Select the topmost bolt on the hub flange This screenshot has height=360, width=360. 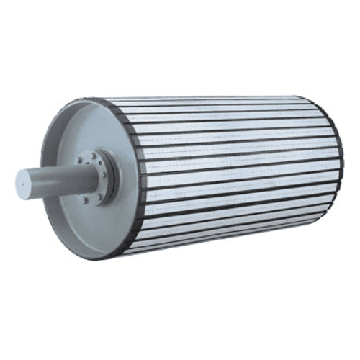pos(92,153)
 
